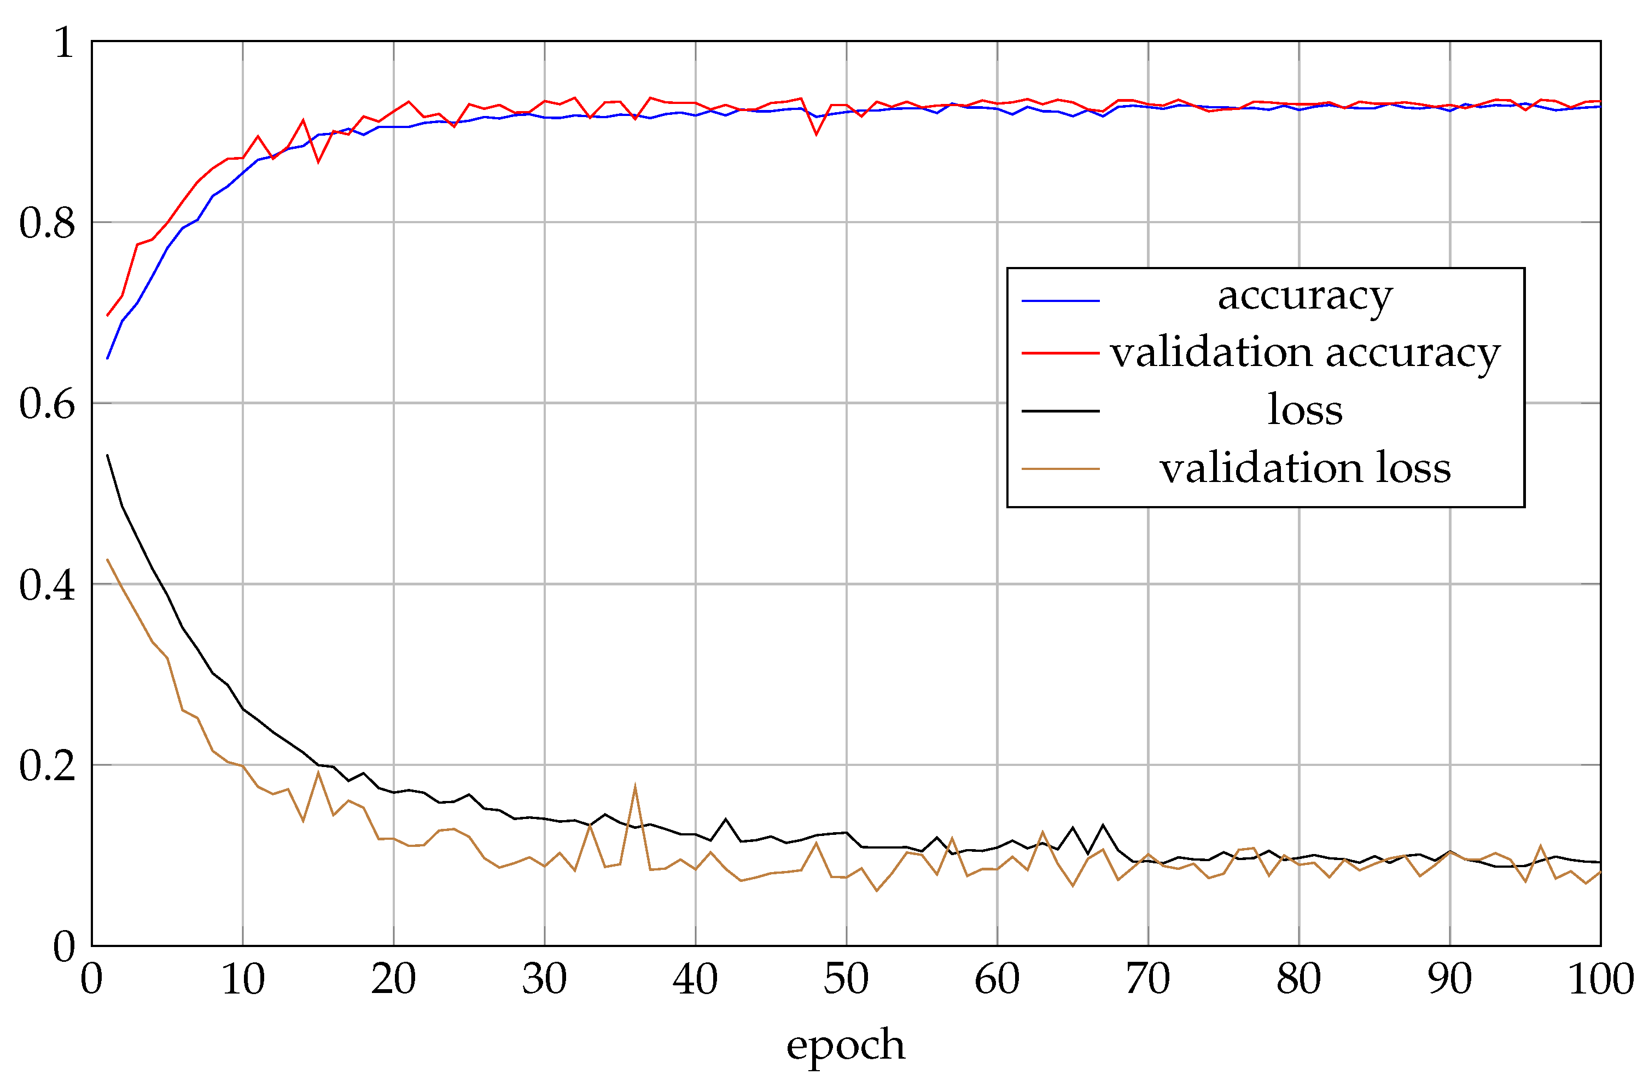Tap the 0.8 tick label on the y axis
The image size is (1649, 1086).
tap(46, 223)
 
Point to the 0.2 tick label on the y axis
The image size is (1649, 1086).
tap(46, 766)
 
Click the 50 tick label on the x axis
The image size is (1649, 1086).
tap(846, 979)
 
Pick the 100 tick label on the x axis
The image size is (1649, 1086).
tap(1600, 979)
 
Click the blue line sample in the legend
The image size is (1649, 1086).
tap(1060, 301)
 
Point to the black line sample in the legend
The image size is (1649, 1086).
tap(1060, 411)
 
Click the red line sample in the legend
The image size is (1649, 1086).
tap(1060, 353)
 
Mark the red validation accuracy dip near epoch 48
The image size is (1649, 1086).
tap(816, 133)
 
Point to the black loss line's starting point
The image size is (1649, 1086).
tap(107, 455)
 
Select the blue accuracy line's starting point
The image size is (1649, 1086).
tap(107, 358)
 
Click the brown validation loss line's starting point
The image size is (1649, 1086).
tap(107, 559)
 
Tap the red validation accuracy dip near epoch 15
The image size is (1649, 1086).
tap(318, 161)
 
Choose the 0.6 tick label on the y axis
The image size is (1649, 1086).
tap(46, 404)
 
